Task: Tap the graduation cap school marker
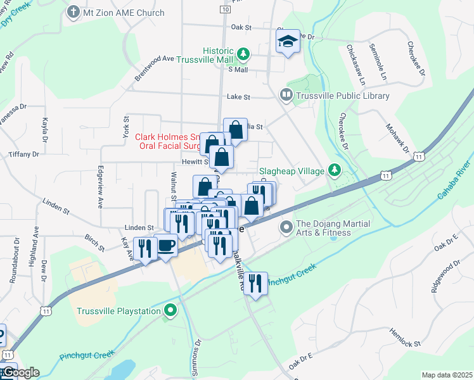click(x=287, y=42)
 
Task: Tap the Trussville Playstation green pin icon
click(x=169, y=310)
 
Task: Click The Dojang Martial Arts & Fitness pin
click(x=286, y=226)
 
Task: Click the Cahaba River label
click(x=455, y=180)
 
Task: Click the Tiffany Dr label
click(x=24, y=154)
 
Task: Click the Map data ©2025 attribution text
click(x=446, y=375)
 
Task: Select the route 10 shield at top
click(x=226, y=9)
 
